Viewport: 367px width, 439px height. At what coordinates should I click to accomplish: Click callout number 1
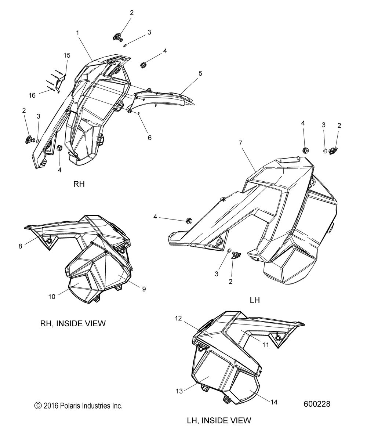coord(77,33)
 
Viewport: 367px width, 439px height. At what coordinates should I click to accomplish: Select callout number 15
coord(67,55)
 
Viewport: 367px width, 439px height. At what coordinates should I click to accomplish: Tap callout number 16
coord(32,95)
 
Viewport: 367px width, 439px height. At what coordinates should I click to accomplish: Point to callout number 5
coord(200,73)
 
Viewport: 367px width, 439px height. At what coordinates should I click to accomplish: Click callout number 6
coord(149,138)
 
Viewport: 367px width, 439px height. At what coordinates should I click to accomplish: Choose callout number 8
coord(20,246)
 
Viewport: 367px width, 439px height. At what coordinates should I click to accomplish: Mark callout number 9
coord(144,289)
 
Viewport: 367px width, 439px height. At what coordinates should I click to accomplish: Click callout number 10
coord(52,297)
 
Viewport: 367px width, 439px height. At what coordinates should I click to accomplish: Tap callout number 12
coord(178,319)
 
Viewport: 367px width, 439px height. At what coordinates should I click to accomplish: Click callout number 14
coord(273,402)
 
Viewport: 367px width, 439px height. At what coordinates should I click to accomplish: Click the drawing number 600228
coord(317,404)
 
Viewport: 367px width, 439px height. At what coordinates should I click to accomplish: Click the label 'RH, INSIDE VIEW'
coord(73,323)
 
